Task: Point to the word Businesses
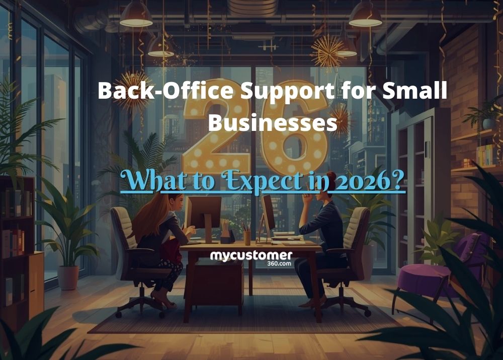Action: [272, 122]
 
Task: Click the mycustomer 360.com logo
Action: [250, 258]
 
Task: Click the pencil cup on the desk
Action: [246, 237]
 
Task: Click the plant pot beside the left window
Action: [68, 277]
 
